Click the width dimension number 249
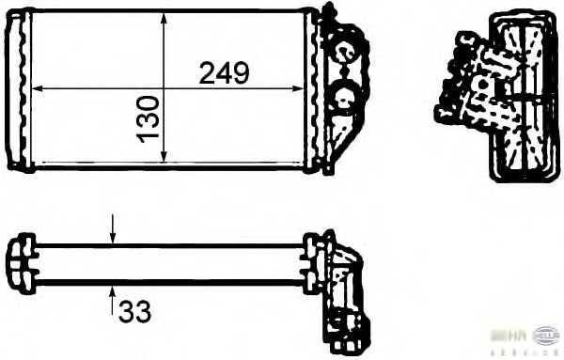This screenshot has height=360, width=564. coord(224,73)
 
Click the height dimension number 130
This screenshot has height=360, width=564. coord(148,118)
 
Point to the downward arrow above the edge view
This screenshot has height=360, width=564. coord(113,229)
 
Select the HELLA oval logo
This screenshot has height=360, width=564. coord(545,334)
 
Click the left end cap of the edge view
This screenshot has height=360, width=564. coord(18,263)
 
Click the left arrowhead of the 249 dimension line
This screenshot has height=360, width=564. coord(38,89)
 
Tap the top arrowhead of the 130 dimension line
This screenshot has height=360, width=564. coord(164,19)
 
